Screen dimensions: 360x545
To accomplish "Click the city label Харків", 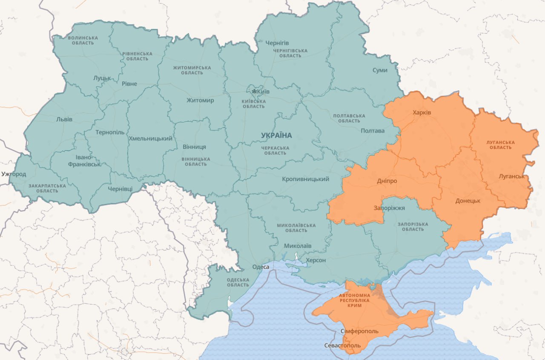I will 422,113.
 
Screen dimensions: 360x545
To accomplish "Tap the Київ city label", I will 264,91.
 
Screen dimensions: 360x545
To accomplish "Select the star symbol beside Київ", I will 254,91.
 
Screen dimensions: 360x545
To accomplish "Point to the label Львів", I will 64,119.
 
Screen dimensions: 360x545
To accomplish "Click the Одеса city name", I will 261,267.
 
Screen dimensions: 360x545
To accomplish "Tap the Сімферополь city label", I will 360,331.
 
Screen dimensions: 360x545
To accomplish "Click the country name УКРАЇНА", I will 276,135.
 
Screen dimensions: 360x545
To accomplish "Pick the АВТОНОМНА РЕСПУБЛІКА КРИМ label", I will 354,300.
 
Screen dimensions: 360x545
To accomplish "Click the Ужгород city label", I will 14,174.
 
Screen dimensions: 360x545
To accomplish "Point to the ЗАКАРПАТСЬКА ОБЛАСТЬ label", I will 47,188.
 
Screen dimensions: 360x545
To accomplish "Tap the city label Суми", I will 380,70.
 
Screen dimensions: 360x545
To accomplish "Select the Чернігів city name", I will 277,43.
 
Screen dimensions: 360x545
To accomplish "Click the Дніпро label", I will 387,181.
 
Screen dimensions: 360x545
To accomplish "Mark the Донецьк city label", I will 468,201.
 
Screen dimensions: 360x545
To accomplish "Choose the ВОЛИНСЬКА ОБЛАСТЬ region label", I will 83,40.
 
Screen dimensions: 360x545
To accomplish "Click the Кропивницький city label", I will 305,179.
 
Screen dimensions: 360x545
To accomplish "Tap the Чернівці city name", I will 120,189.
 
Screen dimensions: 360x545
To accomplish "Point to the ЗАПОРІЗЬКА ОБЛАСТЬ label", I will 413,226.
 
